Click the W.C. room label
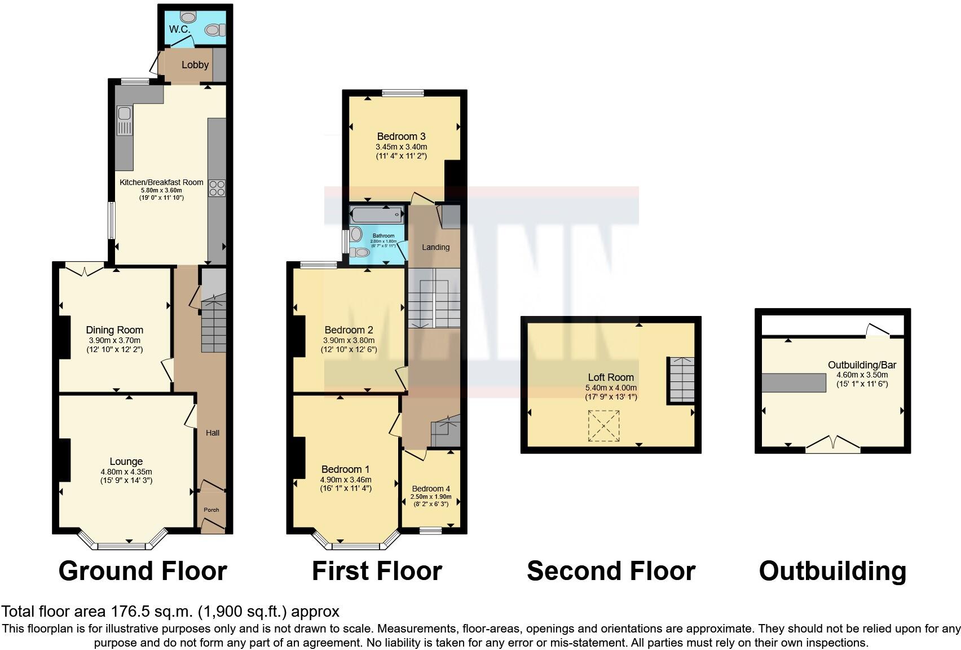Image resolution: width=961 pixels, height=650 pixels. pos(180,29)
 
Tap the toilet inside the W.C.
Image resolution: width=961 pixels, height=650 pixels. pos(214,30)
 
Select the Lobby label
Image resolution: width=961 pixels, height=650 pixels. pos(195,65)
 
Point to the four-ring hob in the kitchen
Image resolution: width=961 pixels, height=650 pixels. pos(217,188)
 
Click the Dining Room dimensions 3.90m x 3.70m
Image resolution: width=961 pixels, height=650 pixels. pos(114,340)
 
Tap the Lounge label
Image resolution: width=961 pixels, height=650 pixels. pos(126,462)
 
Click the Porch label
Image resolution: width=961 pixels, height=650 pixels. pos(211,510)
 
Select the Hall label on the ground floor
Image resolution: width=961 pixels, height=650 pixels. pos(213,433)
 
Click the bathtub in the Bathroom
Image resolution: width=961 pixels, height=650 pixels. pos(377,215)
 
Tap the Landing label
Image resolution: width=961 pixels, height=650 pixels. pos(436,247)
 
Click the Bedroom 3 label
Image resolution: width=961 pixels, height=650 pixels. pos(401,137)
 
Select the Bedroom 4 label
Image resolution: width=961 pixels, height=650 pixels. pos(431,489)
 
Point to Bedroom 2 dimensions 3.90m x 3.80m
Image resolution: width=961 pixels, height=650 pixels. pos(349,340)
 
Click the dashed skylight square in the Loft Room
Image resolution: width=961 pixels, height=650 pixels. pos(603,425)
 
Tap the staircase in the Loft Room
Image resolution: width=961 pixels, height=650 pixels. pos(682,380)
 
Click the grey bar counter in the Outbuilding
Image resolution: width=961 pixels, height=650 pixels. pos(794,383)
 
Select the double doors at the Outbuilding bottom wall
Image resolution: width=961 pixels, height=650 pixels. pos(833,445)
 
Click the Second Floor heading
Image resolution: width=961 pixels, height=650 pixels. pos(611,571)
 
